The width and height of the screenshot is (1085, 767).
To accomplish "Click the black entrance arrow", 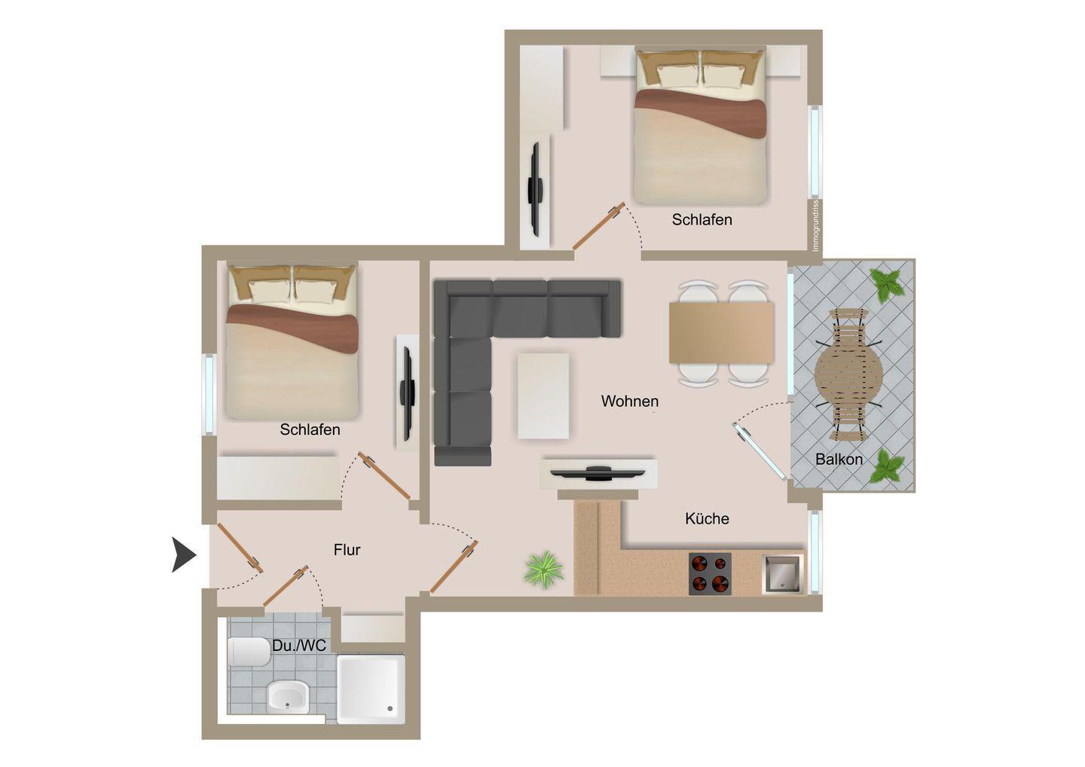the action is point(183,555).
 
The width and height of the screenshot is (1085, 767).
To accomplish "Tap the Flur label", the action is point(347,549).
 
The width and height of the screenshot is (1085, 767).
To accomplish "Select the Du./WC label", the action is point(299,646).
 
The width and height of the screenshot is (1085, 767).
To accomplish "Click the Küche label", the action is point(707,518).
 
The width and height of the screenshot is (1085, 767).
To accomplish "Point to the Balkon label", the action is point(839,459).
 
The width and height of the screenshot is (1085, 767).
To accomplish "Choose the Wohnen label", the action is point(630,401).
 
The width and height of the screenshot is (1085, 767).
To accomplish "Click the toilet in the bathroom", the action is point(249,652).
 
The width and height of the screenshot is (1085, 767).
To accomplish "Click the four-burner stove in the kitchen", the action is point(710,574).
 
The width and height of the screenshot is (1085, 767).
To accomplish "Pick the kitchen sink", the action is point(783,574).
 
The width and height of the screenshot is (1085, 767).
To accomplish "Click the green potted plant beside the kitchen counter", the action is point(545,570).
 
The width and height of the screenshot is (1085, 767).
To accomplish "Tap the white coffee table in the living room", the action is point(543,396).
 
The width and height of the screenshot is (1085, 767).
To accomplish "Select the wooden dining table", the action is point(721,333).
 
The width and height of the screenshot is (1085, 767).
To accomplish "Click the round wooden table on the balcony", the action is point(848,374).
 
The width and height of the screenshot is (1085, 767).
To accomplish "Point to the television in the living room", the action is point(598,472).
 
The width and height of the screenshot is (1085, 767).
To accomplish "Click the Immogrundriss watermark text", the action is point(816,225).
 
